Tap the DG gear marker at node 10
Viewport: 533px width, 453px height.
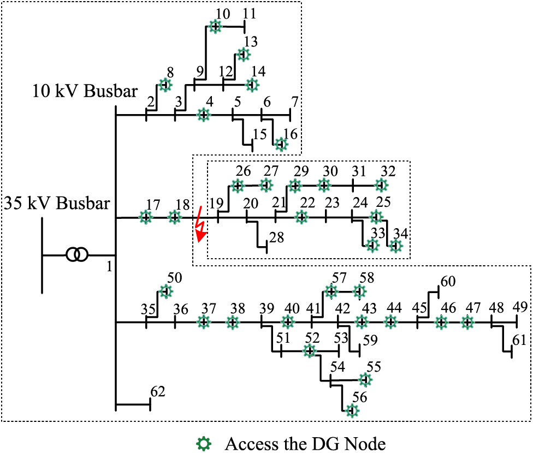(x=216, y=26)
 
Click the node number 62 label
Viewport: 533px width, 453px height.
(x=157, y=391)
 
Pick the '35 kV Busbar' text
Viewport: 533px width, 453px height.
(x=57, y=204)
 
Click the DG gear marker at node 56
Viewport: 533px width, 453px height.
(x=352, y=410)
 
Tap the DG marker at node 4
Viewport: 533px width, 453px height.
(x=204, y=115)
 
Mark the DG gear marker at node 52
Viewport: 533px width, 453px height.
(x=309, y=351)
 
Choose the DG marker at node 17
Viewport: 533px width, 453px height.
(x=146, y=217)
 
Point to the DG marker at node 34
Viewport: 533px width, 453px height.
(x=396, y=246)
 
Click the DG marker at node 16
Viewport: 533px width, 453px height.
(x=281, y=144)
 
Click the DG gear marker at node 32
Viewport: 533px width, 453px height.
(x=381, y=186)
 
